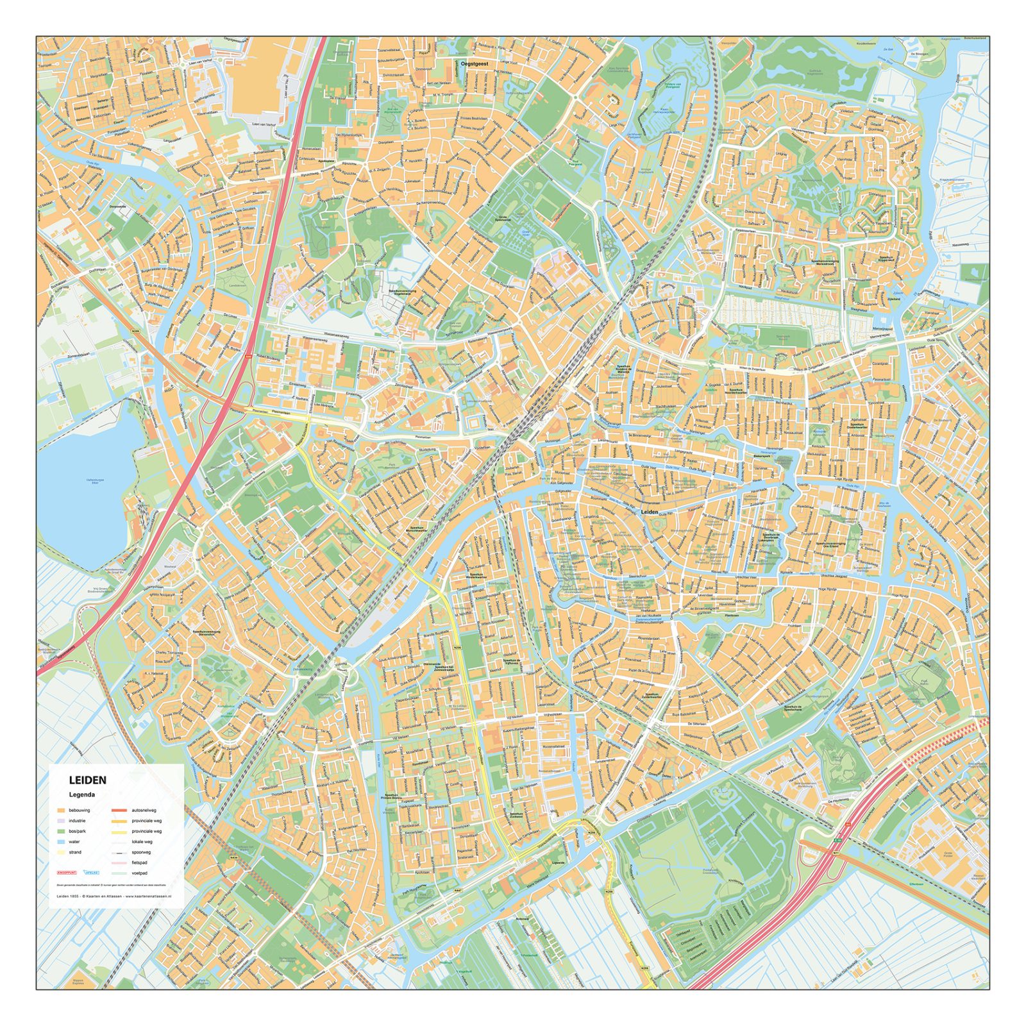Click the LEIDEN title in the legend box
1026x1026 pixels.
[x=88, y=780]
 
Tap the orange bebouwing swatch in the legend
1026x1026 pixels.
[x=61, y=811]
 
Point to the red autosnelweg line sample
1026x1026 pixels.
[x=119, y=811]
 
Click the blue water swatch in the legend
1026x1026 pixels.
[x=61, y=842]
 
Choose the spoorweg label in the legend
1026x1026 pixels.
[x=141, y=852]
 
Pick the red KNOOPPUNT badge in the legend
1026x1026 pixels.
[x=67, y=873]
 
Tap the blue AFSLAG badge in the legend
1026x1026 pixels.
[x=92, y=873]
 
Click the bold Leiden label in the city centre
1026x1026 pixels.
[x=650, y=512]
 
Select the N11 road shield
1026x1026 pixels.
[x=836, y=853]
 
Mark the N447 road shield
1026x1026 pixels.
[x=458, y=891]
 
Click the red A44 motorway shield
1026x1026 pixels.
[x=248, y=357]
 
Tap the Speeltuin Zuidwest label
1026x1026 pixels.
[x=516, y=815]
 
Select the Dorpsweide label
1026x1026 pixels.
[x=117, y=206]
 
